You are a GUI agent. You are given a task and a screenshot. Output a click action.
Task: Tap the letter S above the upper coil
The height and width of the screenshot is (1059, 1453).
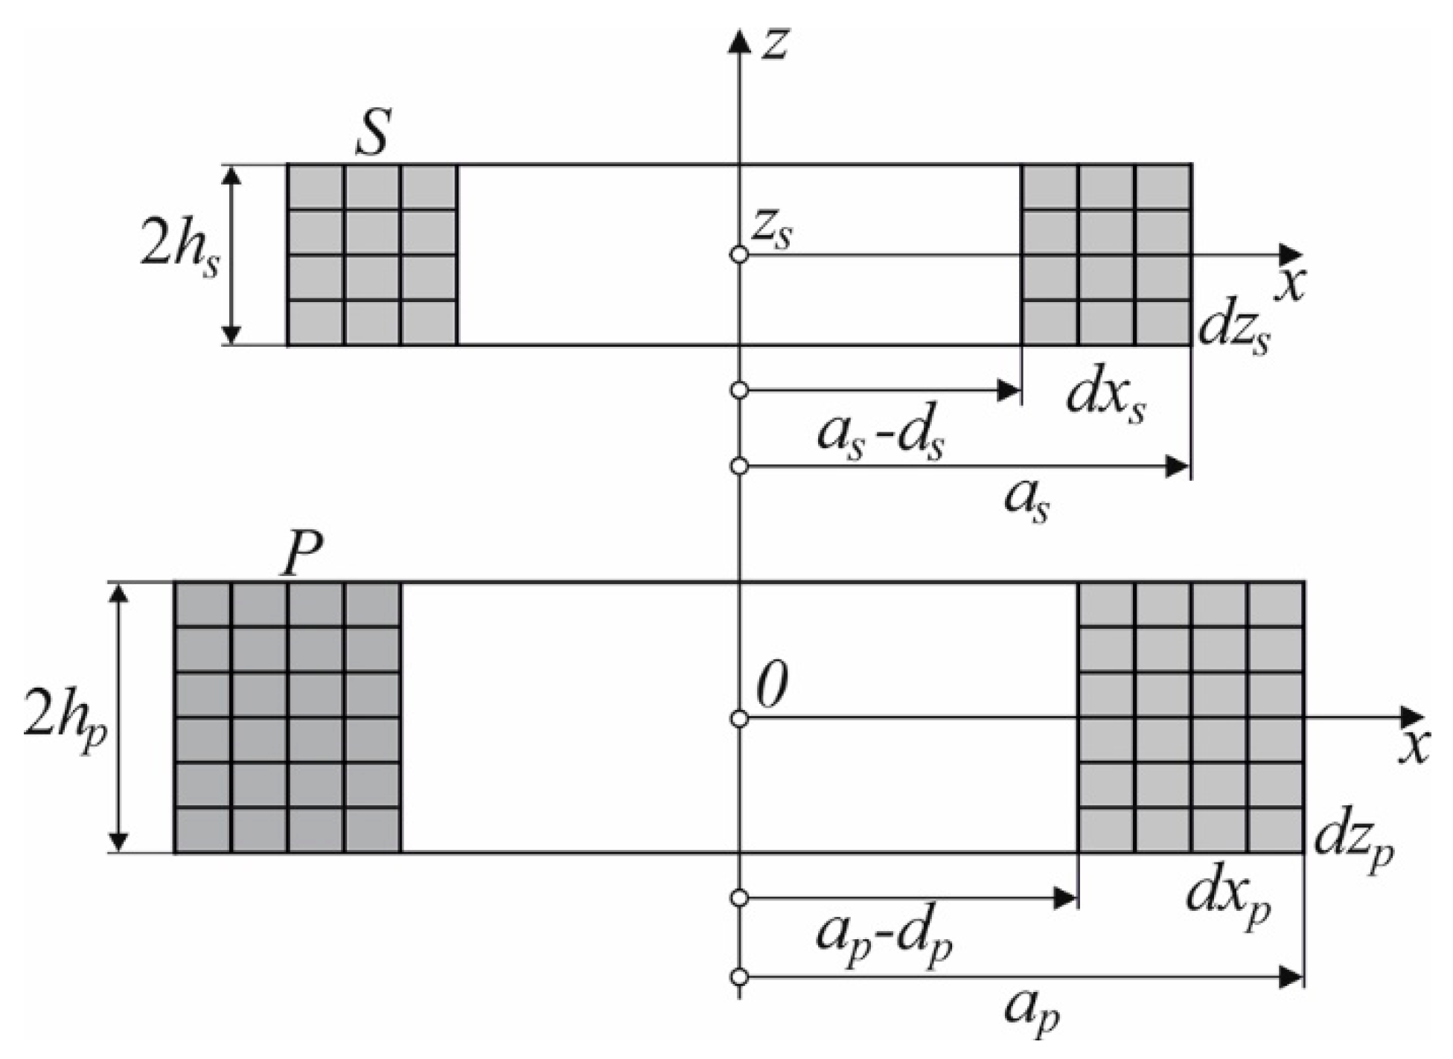click(373, 132)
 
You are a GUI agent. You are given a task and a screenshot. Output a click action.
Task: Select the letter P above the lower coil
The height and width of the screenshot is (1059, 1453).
click(301, 554)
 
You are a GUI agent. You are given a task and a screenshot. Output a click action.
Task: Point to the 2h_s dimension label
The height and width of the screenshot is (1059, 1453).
click(180, 253)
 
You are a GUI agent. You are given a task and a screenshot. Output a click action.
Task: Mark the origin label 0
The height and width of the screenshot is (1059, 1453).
click(772, 686)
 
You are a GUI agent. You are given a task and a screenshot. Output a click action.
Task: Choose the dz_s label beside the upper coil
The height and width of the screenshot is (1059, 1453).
click(1233, 333)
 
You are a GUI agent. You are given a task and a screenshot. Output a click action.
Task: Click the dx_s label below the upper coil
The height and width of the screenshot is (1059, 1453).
click(1106, 398)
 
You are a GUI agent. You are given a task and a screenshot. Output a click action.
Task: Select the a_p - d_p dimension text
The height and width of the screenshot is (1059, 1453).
click(884, 939)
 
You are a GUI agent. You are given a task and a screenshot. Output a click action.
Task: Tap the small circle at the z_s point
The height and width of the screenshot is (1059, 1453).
click(739, 255)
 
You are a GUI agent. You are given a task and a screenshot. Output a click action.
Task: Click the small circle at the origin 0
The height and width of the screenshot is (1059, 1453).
click(739, 718)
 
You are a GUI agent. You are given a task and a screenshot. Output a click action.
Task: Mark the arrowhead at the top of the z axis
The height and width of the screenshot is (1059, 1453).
click(739, 41)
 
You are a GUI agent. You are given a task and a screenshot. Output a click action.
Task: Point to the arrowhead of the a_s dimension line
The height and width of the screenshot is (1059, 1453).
click(1177, 467)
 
